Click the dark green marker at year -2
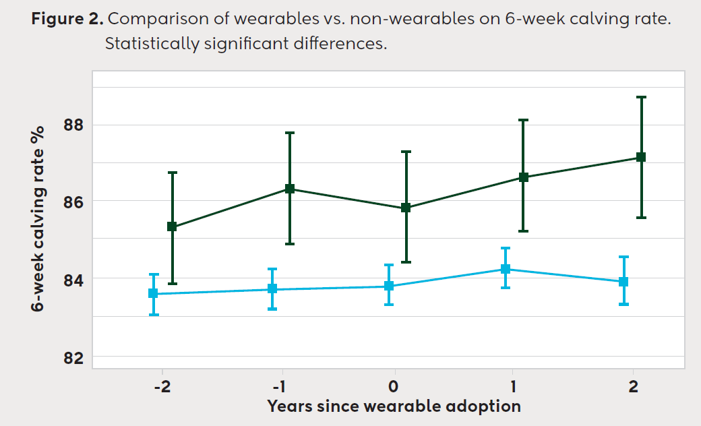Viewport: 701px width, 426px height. [172, 227]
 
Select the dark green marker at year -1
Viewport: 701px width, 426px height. [290, 189]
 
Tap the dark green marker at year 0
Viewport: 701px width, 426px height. [406, 208]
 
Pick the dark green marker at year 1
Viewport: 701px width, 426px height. [523, 177]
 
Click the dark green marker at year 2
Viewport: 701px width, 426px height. [641, 157]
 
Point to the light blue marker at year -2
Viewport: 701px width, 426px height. [153, 293]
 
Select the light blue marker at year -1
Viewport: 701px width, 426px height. [272, 288]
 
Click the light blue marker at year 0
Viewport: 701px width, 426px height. [389, 286]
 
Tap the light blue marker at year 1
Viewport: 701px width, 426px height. [505, 269]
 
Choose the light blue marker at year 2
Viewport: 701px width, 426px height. [623, 282]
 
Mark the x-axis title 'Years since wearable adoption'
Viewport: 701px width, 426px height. [394, 406]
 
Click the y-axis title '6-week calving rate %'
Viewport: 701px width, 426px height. [37, 218]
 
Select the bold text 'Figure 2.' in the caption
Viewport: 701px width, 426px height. [67, 19]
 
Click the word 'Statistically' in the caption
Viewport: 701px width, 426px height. [146, 45]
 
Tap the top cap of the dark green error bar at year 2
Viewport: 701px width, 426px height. [641, 97]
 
